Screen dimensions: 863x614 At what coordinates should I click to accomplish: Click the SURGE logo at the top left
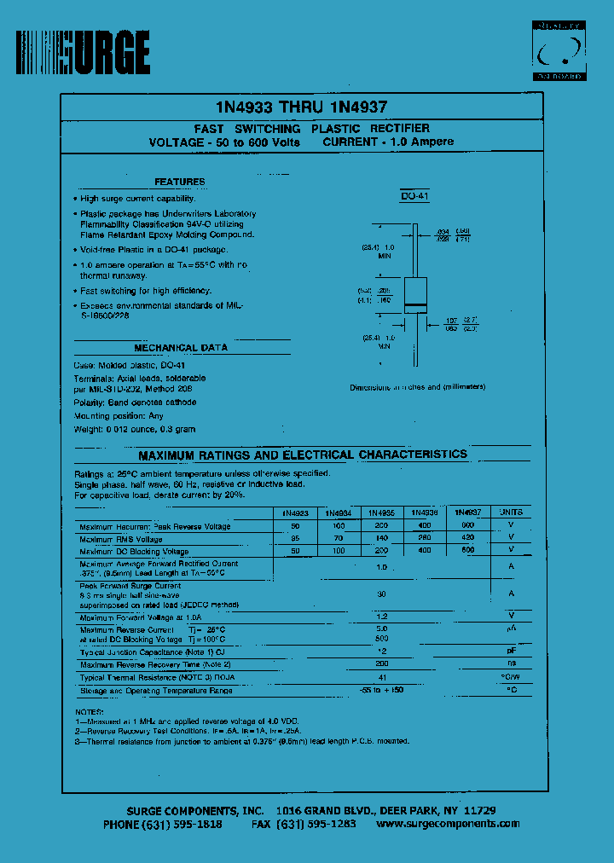point(84,52)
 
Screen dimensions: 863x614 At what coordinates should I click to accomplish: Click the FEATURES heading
point(179,182)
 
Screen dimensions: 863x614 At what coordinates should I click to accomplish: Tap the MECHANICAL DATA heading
point(180,348)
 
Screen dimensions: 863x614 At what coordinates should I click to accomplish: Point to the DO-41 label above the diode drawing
point(414,197)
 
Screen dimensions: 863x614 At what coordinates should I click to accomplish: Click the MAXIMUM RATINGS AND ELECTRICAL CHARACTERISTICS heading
point(303,455)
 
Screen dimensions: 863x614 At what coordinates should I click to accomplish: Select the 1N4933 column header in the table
point(295,513)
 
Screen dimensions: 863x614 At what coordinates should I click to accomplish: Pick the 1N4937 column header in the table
point(467,513)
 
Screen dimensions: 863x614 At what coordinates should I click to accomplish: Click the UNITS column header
point(512,513)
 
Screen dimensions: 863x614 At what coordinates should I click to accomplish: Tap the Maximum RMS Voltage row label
point(121,539)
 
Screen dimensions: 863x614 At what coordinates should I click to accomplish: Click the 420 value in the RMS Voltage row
point(467,539)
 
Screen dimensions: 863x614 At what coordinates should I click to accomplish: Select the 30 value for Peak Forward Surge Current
point(382,594)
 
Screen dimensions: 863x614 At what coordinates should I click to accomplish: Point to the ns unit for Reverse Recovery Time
point(512,663)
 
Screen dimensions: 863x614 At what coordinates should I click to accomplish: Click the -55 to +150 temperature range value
point(382,689)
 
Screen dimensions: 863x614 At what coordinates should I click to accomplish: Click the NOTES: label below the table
point(89,710)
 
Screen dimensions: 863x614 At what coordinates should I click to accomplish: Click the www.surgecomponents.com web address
point(448,824)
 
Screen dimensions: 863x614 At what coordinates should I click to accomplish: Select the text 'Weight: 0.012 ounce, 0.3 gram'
point(135,429)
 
